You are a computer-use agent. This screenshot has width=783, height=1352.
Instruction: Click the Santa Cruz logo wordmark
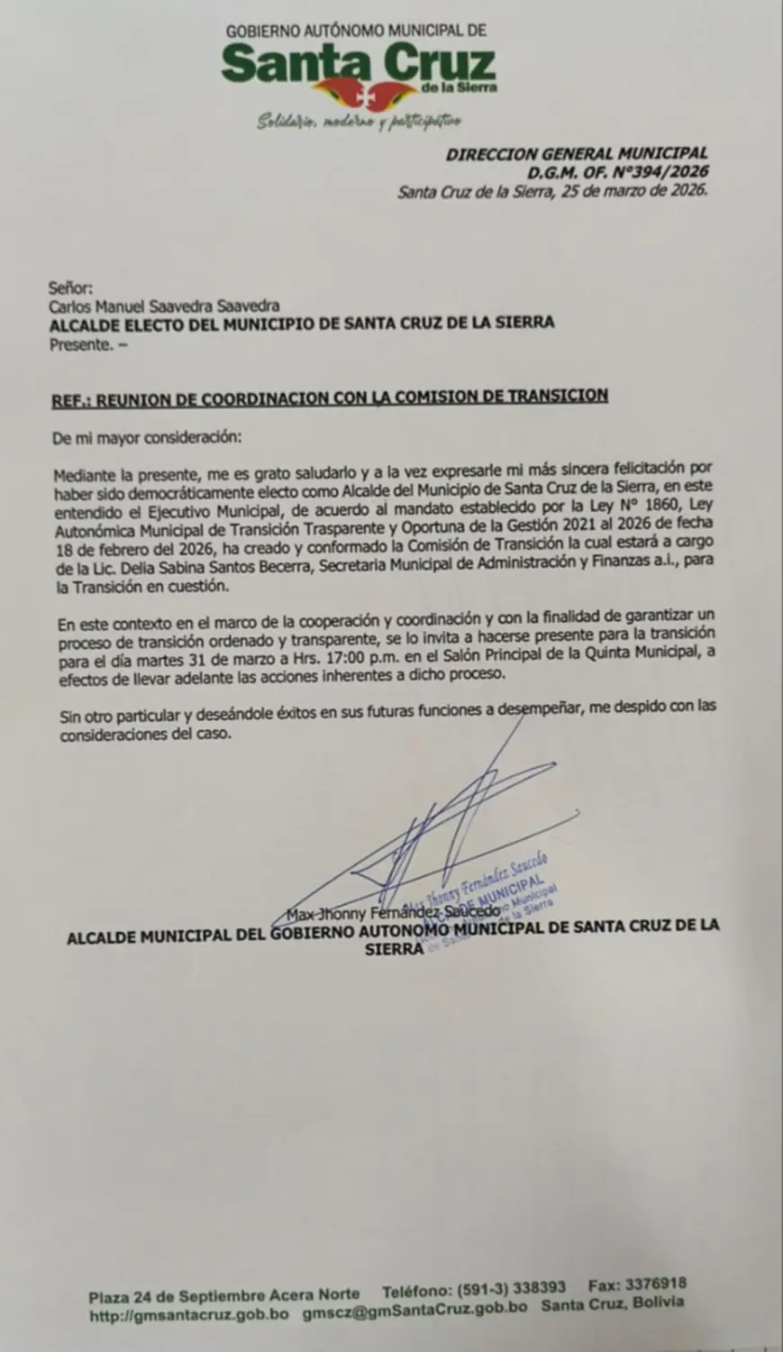click(x=359, y=66)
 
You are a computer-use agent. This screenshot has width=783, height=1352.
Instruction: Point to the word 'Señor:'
click(x=70, y=288)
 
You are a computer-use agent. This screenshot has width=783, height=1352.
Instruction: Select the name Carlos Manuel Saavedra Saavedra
click(x=164, y=306)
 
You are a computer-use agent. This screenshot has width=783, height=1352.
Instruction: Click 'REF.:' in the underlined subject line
click(x=72, y=397)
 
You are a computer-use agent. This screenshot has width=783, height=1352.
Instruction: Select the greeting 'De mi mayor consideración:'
click(x=147, y=437)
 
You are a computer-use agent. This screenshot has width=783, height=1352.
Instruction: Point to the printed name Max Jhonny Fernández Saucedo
click(x=393, y=912)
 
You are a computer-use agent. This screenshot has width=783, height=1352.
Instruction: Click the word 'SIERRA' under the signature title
click(x=393, y=949)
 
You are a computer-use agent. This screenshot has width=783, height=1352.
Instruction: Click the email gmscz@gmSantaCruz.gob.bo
click(x=414, y=1310)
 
